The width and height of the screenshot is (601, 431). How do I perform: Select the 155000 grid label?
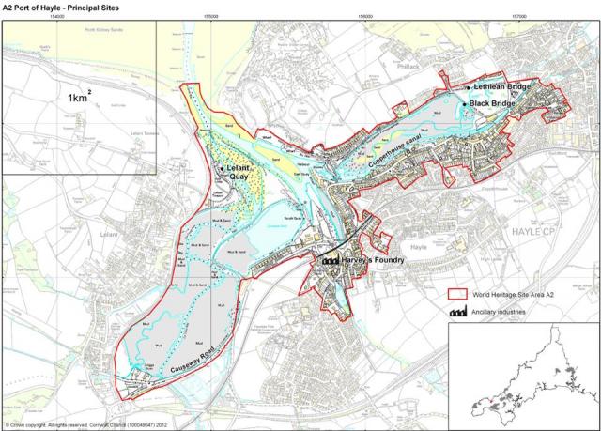pyautogui.click(x=212, y=16)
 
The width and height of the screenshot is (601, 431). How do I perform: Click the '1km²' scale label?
pyautogui.click(x=79, y=97)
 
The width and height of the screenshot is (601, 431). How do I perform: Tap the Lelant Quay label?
pyautogui.click(x=241, y=172)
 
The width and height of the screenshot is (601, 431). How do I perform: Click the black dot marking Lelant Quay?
pyautogui.click(x=222, y=168)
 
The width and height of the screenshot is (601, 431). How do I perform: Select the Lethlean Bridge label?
pyautogui.click(x=502, y=87)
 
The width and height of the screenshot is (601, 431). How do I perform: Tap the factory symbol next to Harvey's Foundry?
pyautogui.click(x=331, y=259)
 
